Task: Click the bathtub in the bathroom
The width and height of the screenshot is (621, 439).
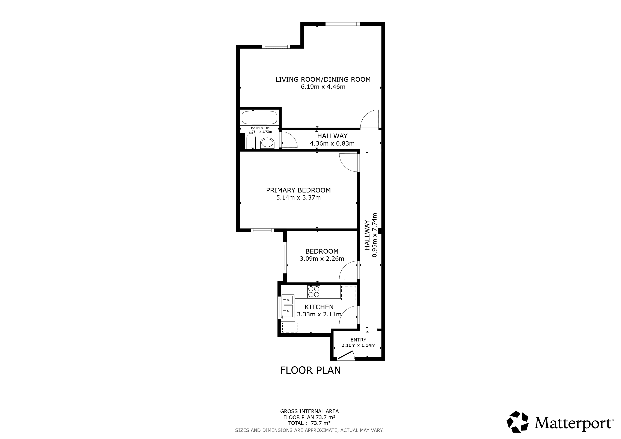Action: [x=259, y=118]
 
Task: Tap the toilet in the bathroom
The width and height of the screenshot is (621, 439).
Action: [x=251, y=141]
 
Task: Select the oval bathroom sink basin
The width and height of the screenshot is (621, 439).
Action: [x=267, y=143]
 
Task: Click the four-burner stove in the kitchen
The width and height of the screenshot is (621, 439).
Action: [x=314, y=292]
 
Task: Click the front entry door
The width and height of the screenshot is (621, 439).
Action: [x=346, y=355]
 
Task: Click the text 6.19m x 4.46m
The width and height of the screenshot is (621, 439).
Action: [x=323, y=87]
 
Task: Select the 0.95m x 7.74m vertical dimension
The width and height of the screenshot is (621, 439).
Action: [x=375, y=235]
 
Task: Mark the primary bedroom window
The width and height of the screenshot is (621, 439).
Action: [x=262, y=230]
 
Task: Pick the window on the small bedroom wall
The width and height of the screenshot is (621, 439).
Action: [x=285, y=258]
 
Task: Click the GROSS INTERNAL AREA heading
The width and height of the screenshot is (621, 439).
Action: [x=309, y=411]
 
